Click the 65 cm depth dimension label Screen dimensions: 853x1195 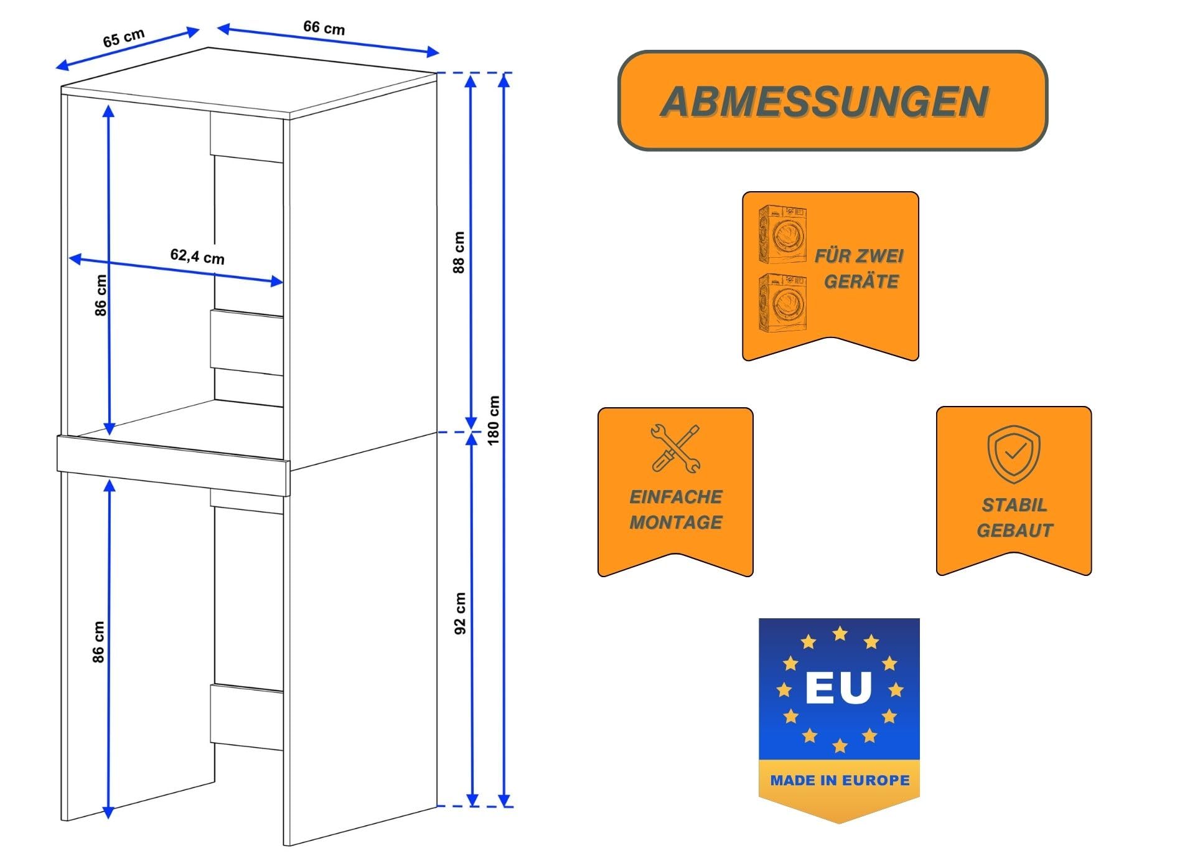click(124, 38)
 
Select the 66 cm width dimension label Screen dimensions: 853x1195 click(324, 27)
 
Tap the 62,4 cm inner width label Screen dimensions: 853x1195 click(197, 256)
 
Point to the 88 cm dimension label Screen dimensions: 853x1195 click(459, 252)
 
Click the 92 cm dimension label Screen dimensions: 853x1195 click(460, 613)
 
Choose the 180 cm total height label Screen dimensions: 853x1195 click(494, 420)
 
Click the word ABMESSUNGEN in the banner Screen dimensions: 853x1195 click(825, 101)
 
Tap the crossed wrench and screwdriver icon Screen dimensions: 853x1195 click(675, 448)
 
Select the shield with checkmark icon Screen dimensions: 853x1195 click(1013, 454)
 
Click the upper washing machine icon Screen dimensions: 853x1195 click(782, 235)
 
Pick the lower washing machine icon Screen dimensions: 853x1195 click(782, 303)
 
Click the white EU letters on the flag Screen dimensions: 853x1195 click(838, 687)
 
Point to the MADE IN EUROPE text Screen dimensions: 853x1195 click(840, 780)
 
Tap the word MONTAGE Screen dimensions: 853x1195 click(675, 522)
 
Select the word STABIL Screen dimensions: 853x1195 click(1014, 505)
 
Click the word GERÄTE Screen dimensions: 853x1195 click(861, 281)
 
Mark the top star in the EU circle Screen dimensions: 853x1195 click(840, 634)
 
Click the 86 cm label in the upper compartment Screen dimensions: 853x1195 click(101, 295)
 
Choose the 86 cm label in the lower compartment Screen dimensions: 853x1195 click(98, 641)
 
